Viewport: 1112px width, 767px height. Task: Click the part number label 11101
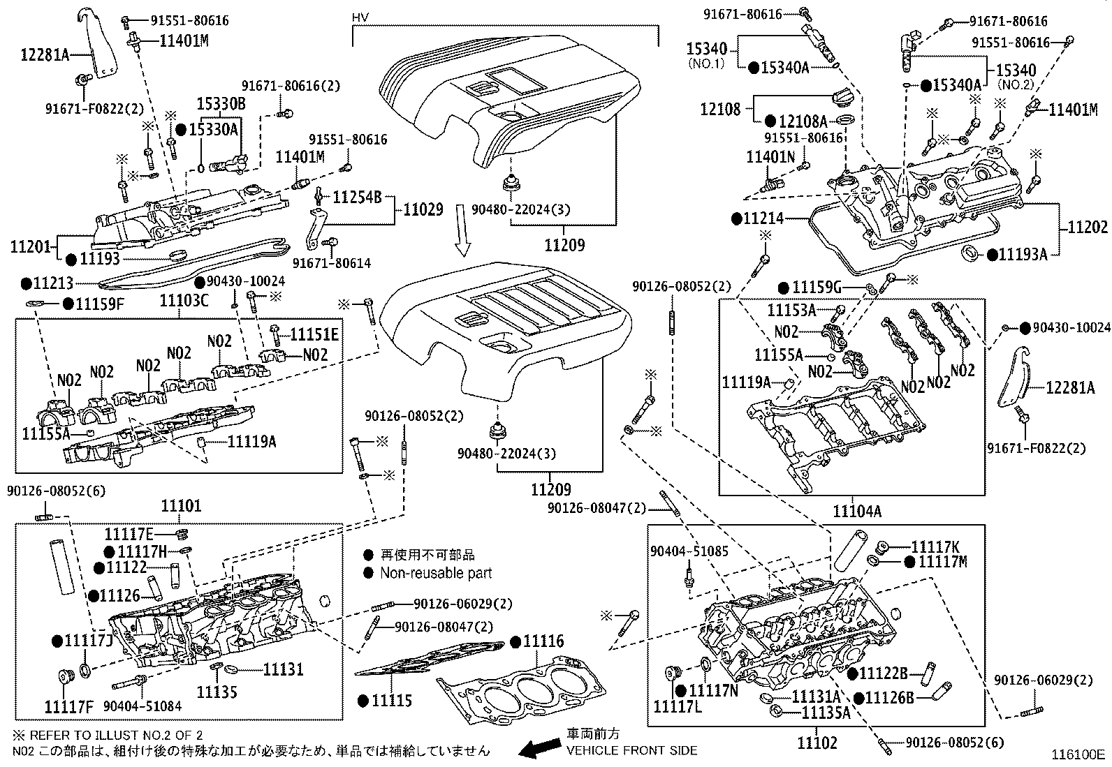tap(181, 506)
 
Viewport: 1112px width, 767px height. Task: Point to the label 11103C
tap(184, 301)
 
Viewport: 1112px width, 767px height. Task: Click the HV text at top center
tap(360, 17)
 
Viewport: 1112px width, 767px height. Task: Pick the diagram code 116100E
tap(1080, 754)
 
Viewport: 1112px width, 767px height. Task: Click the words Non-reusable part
tap(436, 574)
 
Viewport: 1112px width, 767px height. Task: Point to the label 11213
tap(53, 283)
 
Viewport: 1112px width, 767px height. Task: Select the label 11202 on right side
tap(1088, 228)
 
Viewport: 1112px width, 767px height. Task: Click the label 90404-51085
tap(689, 551)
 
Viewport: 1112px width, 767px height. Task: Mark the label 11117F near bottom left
tap(70, 706)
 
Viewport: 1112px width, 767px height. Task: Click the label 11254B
tap(356, 198)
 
